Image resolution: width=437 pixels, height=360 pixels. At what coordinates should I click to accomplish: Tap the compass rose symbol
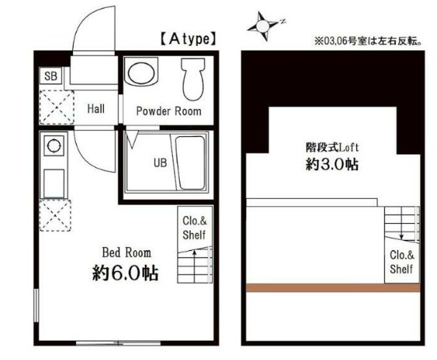pos(265,28)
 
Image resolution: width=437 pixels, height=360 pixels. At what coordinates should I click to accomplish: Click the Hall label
pos(95,109)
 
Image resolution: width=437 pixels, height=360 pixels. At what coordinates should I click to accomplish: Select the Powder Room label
pos(168,111)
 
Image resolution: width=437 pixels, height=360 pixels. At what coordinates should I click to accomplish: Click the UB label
pos(159,163)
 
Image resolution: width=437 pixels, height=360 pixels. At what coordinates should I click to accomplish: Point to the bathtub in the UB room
pos(190,163)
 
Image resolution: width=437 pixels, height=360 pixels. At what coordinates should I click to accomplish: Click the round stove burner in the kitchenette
pos(53,145)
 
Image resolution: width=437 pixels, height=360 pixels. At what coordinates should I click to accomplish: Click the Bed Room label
pos(126,252)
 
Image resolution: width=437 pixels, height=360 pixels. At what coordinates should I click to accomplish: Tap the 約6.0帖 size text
pos(126,273)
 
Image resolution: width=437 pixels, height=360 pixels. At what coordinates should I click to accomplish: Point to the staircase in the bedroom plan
pos(195,267)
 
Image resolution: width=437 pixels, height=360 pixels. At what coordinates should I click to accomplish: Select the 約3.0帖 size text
pos(331,165)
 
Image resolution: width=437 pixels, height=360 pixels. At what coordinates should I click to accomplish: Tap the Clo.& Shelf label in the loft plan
pos(401,262)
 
